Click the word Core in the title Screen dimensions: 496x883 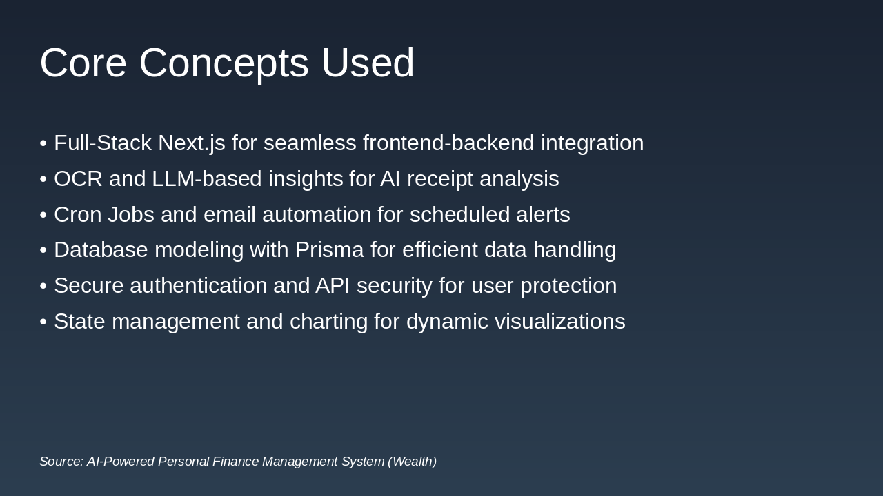click(83, 63)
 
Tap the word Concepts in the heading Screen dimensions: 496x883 click(224, 63)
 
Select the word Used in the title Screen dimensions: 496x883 click(368, 63)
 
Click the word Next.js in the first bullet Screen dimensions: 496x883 click(191, 143)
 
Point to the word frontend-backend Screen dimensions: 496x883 click(448, 143)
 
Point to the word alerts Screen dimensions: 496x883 click(543, 215)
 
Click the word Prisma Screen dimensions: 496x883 click(329, 250)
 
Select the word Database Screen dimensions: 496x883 click(101, 250)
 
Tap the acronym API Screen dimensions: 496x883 click(333, 286)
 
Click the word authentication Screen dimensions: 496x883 click(198, 286)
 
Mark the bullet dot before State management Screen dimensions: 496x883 click(43, 322)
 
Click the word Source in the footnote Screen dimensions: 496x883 click(61, 462)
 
